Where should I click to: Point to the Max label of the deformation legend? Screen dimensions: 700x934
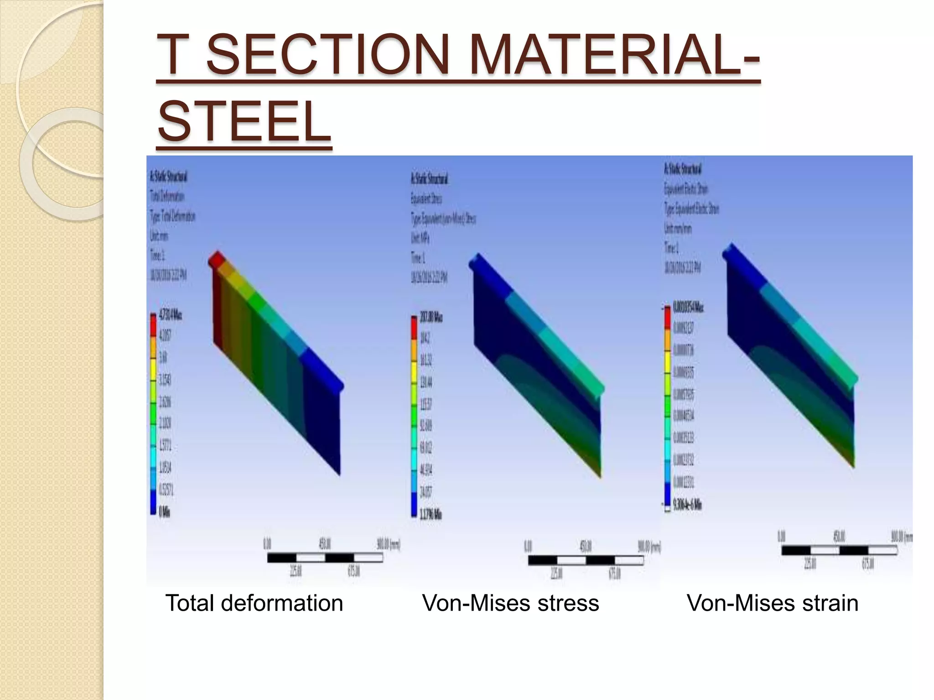pos(170,315)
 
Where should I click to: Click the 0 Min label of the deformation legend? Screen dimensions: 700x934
pos(165,512)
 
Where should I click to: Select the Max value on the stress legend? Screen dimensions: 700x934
pos(431,317)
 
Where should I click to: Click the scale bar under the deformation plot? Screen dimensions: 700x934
pos(325,557)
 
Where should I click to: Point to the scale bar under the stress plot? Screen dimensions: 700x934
pos(586,560)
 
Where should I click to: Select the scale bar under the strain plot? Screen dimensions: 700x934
pos(839,550)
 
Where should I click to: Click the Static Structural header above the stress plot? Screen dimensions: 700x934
pos(429,179)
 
